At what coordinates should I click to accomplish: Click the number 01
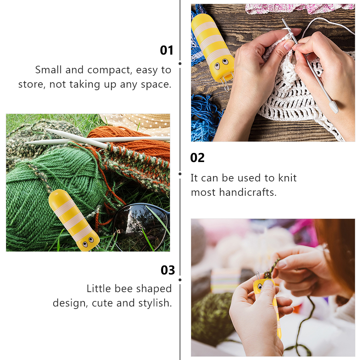[166, 50]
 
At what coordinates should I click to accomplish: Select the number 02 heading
[197, 158]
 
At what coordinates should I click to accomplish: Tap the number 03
[167, 270]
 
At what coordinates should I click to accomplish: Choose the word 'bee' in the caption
[124, 289]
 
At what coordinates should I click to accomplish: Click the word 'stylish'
[155, 303]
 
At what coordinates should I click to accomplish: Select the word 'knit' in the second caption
[287, 178]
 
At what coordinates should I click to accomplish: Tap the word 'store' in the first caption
[32, 85]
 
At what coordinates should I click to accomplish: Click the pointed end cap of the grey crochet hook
[333, 107]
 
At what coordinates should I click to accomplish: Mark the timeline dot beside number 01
[180, 64]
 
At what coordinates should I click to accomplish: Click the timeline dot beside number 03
[180, 280]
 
